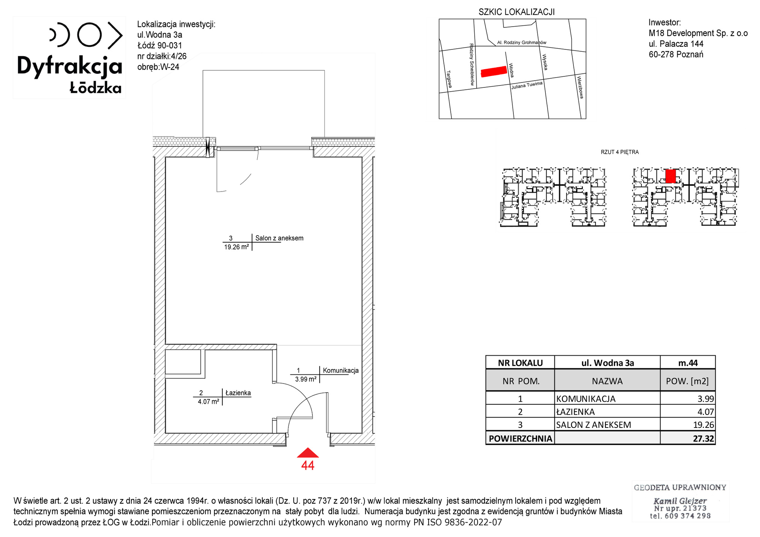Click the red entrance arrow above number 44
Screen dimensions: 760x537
click(308, 453)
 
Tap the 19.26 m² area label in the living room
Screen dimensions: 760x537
click(236, 247)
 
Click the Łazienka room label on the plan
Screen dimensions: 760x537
click(238, 393)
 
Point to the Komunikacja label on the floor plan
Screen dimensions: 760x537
click(340, 371)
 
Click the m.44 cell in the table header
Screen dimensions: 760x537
click(688, 363)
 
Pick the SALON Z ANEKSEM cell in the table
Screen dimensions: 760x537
click(593, 425)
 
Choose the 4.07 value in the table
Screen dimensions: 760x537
click(706, 412)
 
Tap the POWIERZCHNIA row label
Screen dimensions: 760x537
click(520, 439)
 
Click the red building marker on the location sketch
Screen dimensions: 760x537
click(494, 71)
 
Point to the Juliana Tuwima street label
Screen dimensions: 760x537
click(527, 85)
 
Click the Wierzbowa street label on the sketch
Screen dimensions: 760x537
click(580, 87)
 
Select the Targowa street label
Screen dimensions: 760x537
click(449, 79)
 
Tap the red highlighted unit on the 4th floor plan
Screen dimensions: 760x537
click(671, 176)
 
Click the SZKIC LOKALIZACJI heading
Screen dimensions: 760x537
click(516, 12)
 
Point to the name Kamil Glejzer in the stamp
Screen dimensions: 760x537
click(680, 501)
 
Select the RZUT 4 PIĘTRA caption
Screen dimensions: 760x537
click(619, 152)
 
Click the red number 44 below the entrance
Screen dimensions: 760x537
click(308, 466)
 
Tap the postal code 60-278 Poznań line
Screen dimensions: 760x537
click(676, 54)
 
